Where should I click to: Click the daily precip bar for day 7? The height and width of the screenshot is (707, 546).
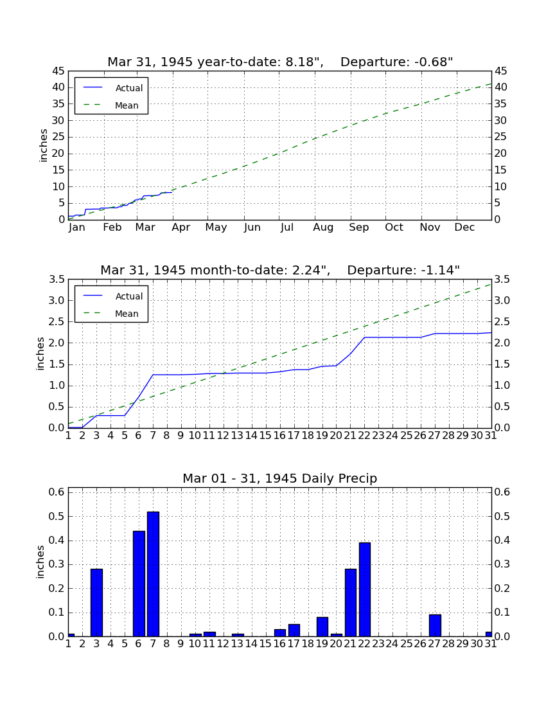pos(153,574)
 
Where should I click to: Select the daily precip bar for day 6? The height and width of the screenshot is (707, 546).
pos(139,584)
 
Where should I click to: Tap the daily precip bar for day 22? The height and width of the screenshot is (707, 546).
pos(364,590)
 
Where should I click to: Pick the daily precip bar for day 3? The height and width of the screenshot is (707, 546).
pos(96,603)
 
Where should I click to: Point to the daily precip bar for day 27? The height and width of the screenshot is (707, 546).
pos(435,626)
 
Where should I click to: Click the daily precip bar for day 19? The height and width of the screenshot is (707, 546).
pos(322,627)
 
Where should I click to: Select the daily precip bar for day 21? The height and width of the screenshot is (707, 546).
pos(351,603)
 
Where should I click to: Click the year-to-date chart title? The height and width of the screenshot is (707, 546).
pos(280,62)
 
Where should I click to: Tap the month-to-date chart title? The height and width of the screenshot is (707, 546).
pos(280,270)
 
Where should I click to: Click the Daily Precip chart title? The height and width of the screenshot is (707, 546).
pos(280,478)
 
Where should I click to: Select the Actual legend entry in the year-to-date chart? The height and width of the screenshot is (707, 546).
pos(112,88)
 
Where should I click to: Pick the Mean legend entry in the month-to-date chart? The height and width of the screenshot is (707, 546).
pos(112,314)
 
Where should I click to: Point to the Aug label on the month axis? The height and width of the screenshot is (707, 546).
pos(324,228)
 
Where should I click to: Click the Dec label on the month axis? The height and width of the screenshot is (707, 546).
pos(464,228)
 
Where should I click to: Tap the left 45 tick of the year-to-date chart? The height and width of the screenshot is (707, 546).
pos(59,71)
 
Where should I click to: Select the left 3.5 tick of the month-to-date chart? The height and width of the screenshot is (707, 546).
pos(57,280)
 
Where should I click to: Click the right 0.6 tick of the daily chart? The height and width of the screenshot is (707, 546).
pos(502,492)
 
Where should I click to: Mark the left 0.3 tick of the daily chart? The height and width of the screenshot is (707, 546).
pos(57,564)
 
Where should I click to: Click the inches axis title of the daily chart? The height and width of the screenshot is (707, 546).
pos(40,562)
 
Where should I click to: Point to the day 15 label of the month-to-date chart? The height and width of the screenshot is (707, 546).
pos(265,436)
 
